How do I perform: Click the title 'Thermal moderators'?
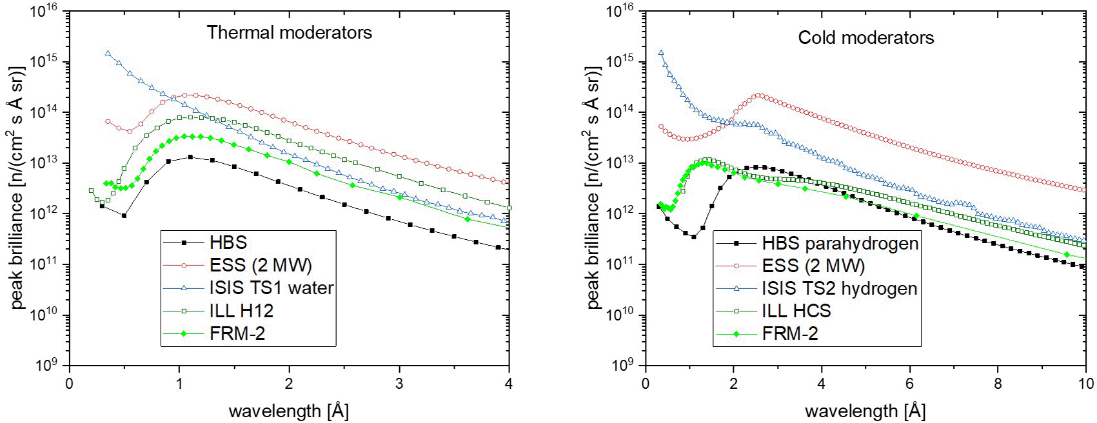click(289, 32)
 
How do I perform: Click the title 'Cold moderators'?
click(865, 37)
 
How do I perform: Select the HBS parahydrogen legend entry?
click(840, 243)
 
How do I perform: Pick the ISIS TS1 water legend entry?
click(271, 288)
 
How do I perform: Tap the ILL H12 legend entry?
click(241, 311)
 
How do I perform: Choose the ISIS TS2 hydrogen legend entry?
click(839, 288)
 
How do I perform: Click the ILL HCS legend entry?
click(796, 311)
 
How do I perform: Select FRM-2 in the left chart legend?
click(237, 333)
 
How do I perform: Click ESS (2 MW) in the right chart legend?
click(813, 266)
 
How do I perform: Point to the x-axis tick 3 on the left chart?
click(399, 384)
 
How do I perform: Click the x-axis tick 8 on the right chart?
click(998, 384)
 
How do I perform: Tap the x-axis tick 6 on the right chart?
click(909, 384)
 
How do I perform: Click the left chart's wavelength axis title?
click(288, 411)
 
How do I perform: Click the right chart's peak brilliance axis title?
click(593, 187)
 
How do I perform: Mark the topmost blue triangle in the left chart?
click(108, 54)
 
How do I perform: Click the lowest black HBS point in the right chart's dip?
click(693, 237)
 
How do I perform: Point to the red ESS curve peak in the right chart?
click(759, 95)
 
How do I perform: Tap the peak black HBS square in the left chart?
click(190, 157)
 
